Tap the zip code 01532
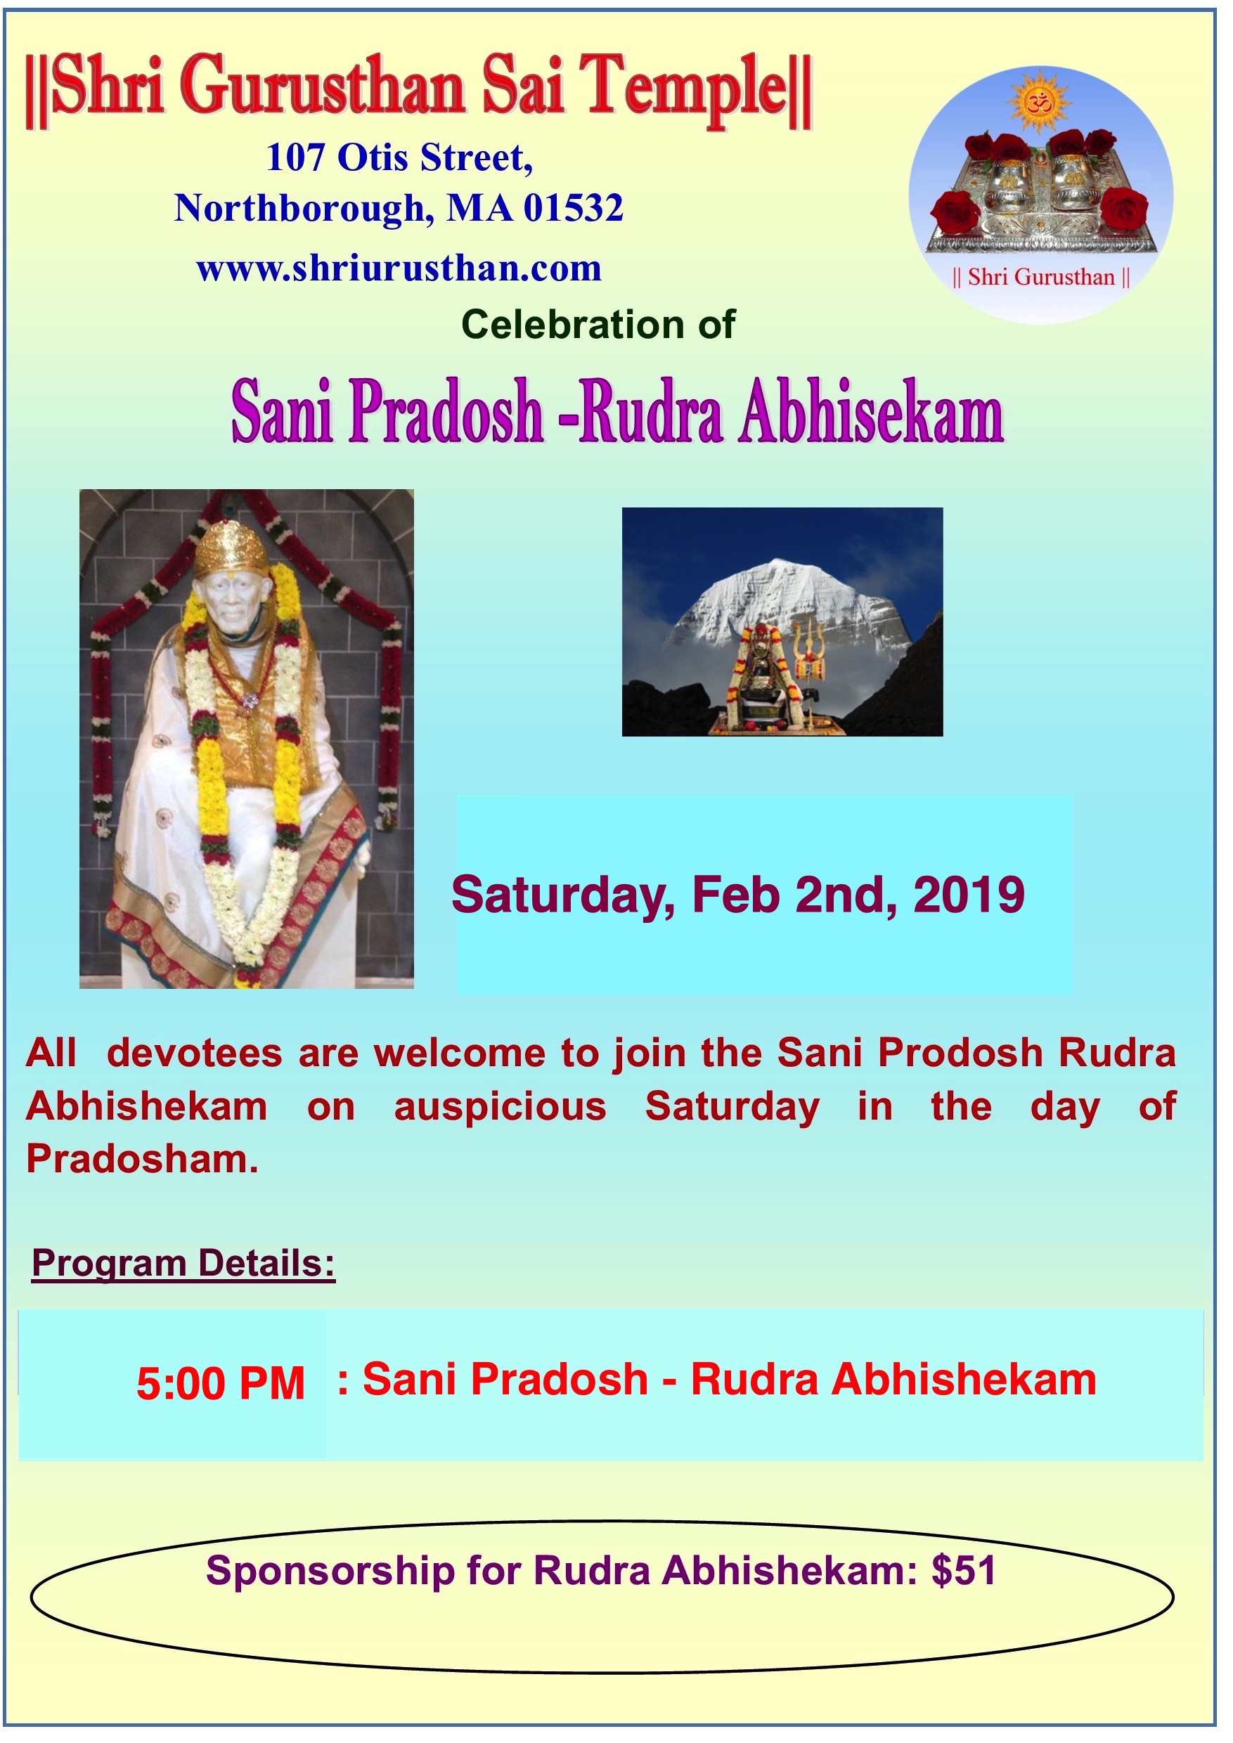(x=574, y=207)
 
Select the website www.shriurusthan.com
(x=399, y=268)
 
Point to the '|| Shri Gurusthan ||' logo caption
(x=1041, y=277)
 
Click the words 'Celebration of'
(x=598, y=324)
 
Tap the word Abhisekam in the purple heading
(x=872, y=415)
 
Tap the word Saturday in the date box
(x=562, y=896)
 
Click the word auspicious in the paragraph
(x=501, y=1108)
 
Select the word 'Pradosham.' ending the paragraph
(x=142, y=1160)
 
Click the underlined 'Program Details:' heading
(x=183, y=1264)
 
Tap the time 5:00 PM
(x=221, y=1383)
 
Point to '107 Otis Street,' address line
(x=400, y=158)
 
